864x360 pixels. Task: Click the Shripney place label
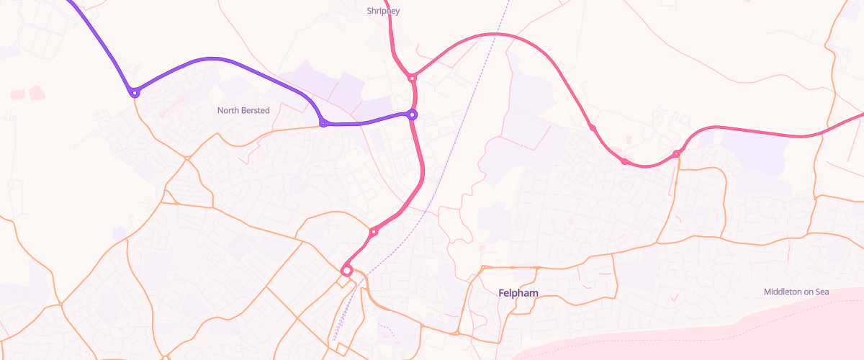tap(383, 11)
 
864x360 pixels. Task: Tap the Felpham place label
tap(518, 293)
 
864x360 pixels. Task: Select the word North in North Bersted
tap(228, 110)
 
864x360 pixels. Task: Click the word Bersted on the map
tap(256, 110)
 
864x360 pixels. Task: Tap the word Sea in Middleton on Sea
tap(822, 292)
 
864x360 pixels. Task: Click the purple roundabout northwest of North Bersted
tap(135, 92)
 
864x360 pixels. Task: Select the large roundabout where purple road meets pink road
tap(413, 114)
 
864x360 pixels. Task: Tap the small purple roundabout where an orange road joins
tap(323, 124)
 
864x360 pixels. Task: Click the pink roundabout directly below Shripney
tap(412, 77)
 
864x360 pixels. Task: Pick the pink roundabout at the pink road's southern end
tap(346, 270)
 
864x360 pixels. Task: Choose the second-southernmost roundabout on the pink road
tap(374, 231)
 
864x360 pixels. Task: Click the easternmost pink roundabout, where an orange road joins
tap(676, 153)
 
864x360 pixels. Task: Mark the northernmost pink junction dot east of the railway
tap(592, 127)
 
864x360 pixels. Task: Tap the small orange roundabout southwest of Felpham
tap(457, 333)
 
